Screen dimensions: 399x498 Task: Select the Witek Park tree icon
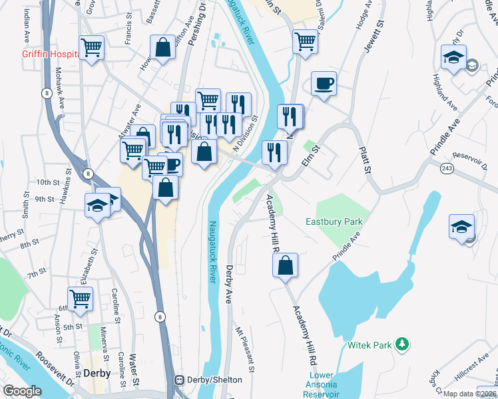401,344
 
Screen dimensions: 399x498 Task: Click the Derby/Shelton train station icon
179,379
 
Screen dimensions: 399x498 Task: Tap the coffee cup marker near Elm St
324,84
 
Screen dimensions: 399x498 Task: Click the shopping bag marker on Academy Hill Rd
285,266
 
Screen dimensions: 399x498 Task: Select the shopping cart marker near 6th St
80,299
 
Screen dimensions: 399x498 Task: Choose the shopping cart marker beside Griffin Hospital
91,48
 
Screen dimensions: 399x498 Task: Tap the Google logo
22,391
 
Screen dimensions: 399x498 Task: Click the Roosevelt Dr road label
49,362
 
